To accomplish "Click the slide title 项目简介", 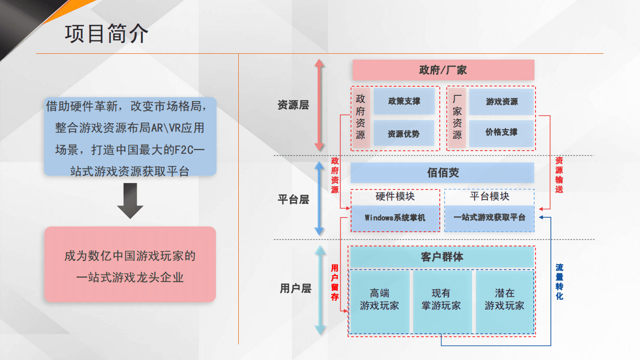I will point(106,33).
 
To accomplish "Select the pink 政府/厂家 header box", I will point(443,70).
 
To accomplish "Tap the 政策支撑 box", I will point(404,101).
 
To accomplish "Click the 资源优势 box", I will point(404,133).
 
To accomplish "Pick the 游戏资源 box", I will point(501,101).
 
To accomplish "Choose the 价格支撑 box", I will point(501,132).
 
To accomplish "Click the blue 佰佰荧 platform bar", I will point(443,173).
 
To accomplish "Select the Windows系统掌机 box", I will point(395,218).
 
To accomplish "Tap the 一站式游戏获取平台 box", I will point(489,218).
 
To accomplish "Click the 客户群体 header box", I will point(442,257).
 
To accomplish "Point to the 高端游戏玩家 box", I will point(380,300).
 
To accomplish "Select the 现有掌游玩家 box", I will point(442,300).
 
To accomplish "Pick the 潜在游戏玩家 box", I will point(504,300).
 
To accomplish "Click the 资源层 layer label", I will point(293,105).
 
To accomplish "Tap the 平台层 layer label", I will point(293,200).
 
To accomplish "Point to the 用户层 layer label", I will point(295,288).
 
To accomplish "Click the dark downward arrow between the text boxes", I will point(130,201).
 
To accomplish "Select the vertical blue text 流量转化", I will point(559,281).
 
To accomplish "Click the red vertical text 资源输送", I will point(559,175).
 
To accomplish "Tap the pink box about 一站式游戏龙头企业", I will point(130,264).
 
